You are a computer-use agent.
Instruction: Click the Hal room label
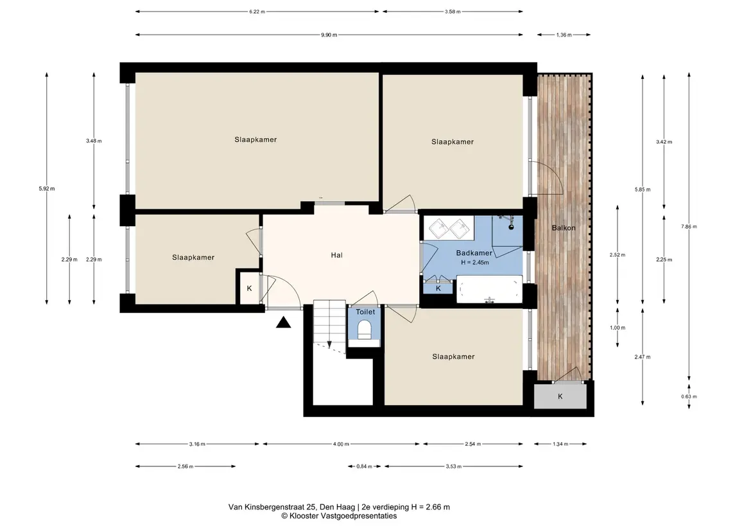coord(336,255)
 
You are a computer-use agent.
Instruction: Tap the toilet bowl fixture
coord(365,330)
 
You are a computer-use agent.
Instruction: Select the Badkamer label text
coord(474,253)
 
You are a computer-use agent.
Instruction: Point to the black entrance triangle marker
coord(283,322)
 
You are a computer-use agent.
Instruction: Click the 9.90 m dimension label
coord(329,35)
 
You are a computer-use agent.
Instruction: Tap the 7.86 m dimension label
coord(689,227)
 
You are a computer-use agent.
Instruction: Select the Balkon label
coord(564,228)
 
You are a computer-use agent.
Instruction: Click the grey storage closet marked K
coord(560,396)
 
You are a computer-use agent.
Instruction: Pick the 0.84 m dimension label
coord(364,466)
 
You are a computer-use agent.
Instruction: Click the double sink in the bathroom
coord(449,229)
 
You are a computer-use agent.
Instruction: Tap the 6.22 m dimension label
coord(257,12)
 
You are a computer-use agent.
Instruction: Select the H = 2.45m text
coord(475,263)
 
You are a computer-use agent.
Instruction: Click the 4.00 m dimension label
coord(341,444)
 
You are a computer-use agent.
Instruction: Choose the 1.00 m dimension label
coord(618,328)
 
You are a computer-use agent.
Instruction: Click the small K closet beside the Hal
coord(249,288)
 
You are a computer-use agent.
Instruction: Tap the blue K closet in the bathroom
coord(438,288)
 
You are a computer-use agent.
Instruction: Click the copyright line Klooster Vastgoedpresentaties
coord(339,516)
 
